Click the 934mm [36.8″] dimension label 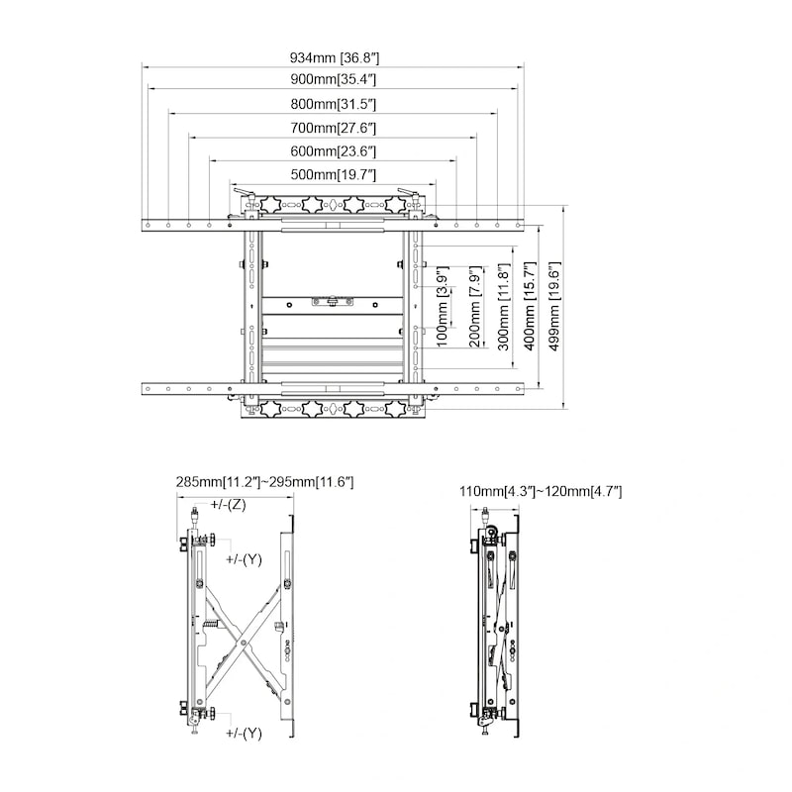coord(334,57)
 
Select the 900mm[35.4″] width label coord(334,79)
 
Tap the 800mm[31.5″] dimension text coord(334,105)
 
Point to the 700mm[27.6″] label coord(334,129)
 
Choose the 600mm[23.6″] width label coord(334,151)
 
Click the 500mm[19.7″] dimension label coord(334,175)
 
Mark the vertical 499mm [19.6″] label coord(554,307)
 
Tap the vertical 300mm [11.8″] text coord(504,307)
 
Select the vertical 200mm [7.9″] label coord(476,307)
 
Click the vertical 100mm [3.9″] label coord(443,307)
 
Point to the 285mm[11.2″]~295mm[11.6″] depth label coord(264,482)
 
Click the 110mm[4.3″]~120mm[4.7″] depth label coord(541,491)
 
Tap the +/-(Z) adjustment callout coord(228,504)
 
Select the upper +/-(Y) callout coord(244,559)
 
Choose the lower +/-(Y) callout coord(244,734)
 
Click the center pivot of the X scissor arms coord(244,643)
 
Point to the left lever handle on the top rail coord(243,192)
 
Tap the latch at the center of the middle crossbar coord(333,302)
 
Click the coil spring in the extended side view coord(211,625)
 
